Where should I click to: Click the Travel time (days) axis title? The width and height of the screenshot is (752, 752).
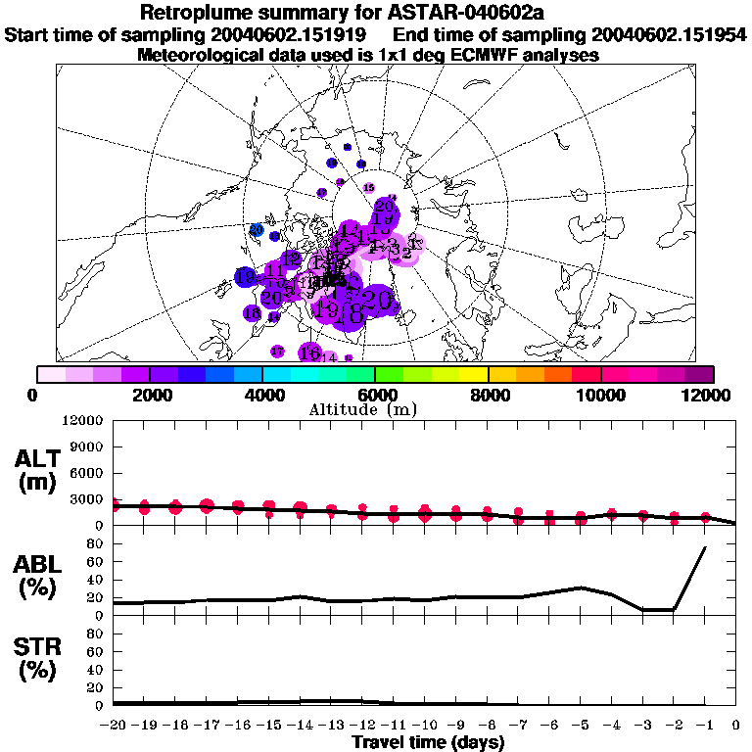[428, 743]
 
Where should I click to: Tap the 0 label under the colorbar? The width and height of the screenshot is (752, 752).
[36, 395]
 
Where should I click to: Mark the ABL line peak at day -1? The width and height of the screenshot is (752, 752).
[705, 547]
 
